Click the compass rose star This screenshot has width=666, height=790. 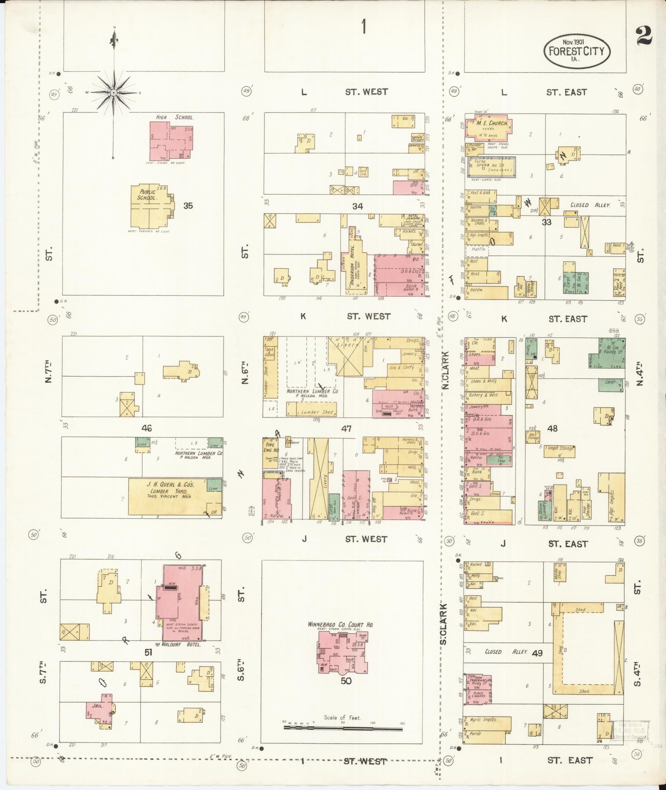tap(114, 93)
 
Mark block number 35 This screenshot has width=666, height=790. tap(188, 206)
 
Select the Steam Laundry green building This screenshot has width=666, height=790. tap(541, 511)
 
